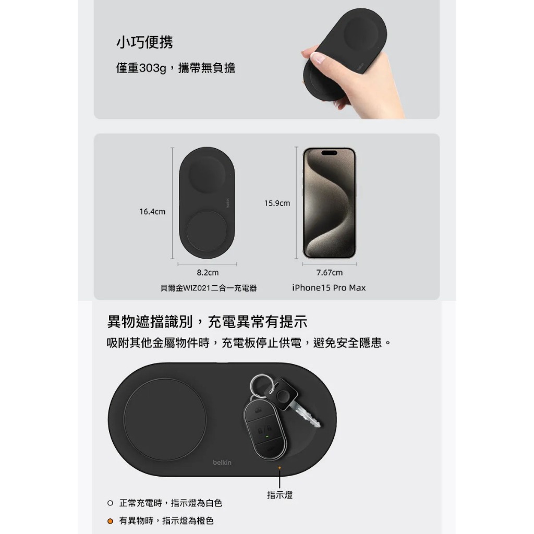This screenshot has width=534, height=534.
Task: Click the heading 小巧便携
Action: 145,42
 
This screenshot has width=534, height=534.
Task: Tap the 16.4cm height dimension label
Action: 152,212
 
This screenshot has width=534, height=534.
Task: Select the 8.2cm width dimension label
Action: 208,272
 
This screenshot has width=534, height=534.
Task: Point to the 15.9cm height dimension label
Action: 277,203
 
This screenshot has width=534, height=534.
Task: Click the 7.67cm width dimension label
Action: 330,272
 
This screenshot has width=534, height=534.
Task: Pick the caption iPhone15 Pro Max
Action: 329,288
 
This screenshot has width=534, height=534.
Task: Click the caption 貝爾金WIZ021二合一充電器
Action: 209,288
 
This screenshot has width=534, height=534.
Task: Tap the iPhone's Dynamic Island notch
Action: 330,153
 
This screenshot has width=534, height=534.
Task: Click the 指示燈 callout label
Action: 280,495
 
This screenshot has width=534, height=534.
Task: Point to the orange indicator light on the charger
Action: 280,468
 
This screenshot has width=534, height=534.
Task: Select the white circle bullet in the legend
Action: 110,503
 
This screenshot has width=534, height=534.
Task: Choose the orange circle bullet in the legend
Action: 110,521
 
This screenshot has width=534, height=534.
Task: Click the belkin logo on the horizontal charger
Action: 222,463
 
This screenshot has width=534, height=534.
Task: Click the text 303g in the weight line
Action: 153,68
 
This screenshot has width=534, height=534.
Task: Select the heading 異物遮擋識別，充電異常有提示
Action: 207,322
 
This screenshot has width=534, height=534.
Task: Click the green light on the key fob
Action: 267,436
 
